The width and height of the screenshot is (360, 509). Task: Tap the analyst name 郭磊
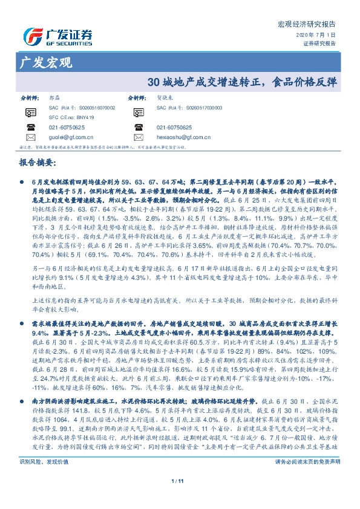55,97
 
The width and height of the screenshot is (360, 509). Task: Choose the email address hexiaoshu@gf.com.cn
184,137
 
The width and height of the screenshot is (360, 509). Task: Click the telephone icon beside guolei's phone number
31,127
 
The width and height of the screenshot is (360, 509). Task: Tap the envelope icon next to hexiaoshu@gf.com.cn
139,137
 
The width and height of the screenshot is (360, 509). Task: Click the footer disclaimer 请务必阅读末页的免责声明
307,478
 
